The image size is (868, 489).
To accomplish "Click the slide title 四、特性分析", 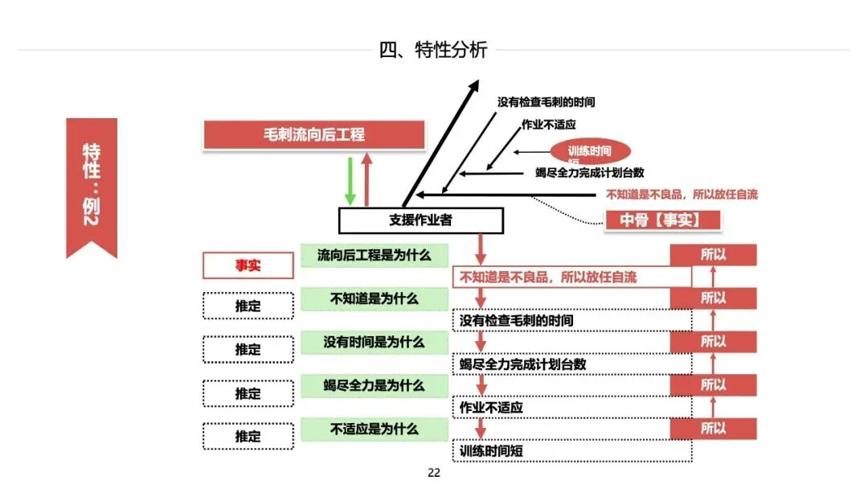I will [433, 50].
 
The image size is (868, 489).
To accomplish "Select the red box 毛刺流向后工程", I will [313, 134].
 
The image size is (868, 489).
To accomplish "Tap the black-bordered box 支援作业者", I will [420, 220].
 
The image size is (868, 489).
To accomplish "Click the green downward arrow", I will [350, 180].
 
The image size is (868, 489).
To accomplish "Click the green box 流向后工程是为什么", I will [374, 256].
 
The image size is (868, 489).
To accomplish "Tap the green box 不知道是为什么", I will [374, 298].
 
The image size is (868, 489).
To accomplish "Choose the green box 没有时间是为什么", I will [374, 342].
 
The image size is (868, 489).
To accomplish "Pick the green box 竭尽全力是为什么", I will [374, 385].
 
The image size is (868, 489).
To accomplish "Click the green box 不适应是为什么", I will [374, 429].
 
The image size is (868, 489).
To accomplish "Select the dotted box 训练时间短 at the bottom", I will [571, 451].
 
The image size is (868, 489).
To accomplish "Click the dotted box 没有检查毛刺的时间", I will [571, 321].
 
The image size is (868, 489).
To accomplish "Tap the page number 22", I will [434, 473].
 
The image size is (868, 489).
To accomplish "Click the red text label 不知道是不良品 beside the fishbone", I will [682, 194].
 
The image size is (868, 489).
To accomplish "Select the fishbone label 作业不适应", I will [548, 125].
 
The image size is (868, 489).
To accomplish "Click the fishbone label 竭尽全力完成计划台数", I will [589, 172].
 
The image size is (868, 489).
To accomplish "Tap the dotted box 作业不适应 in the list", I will [571, 408].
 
